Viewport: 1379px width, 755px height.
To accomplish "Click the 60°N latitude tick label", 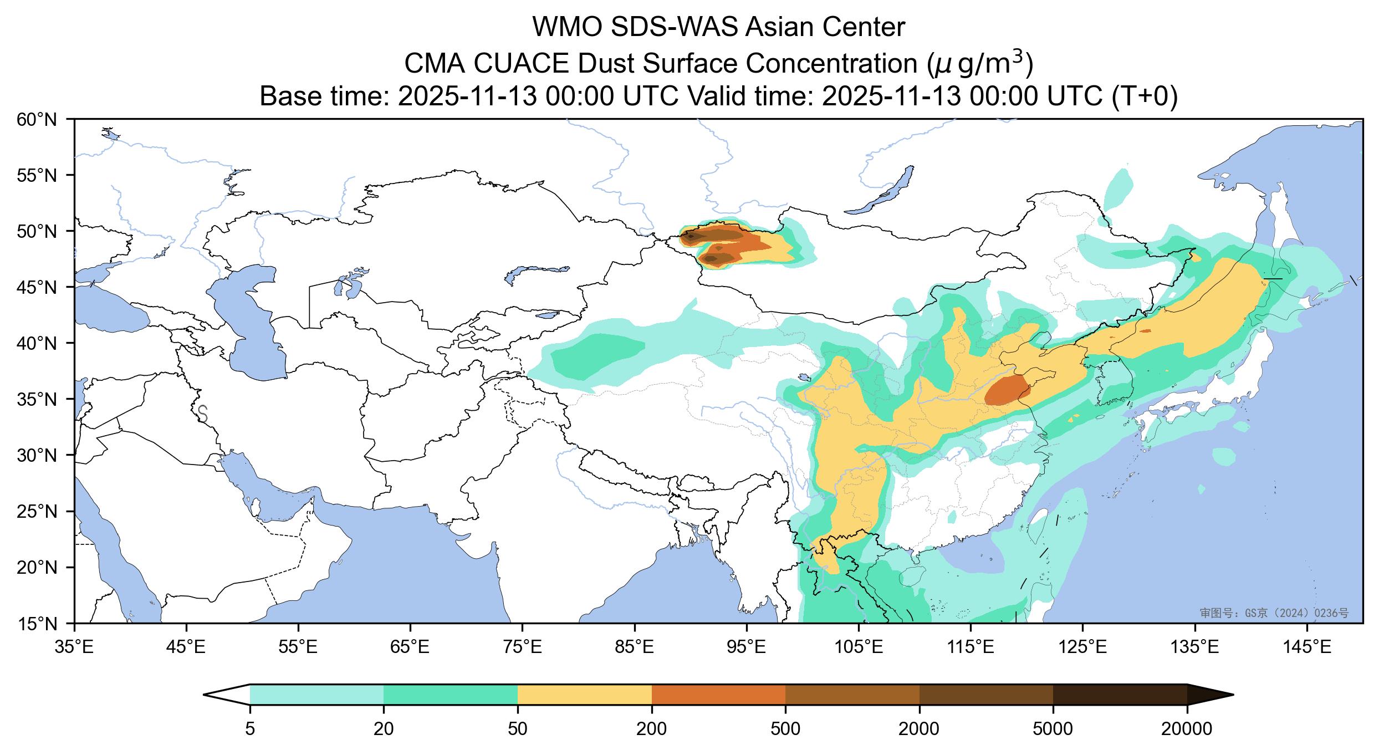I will [x=38, y=119].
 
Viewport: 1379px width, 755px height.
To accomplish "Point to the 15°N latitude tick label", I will [x=38, y=624].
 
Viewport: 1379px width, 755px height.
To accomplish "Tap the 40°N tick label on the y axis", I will [x=38, y=343].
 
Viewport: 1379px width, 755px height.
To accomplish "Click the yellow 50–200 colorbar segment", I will [x=584, y=695].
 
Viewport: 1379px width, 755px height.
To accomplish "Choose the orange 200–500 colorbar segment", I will [x=718, y=695].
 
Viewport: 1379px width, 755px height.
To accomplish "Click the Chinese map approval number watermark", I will [x=1274, y=613].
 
